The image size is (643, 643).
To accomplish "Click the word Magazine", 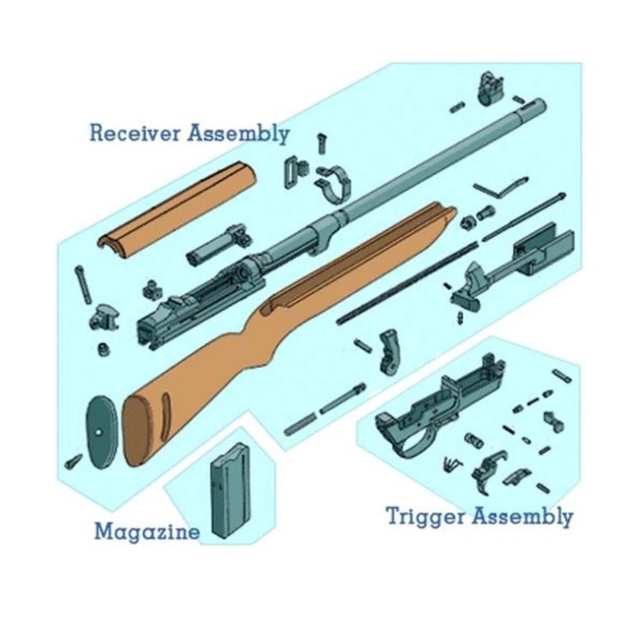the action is click(147, 532).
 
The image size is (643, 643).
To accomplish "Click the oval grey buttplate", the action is click(101, 432).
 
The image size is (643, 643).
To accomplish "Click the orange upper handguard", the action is click(177, 205).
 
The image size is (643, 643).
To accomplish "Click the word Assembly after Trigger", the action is click(522, 516).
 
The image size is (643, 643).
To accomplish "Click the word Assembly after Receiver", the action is click(239, 133).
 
